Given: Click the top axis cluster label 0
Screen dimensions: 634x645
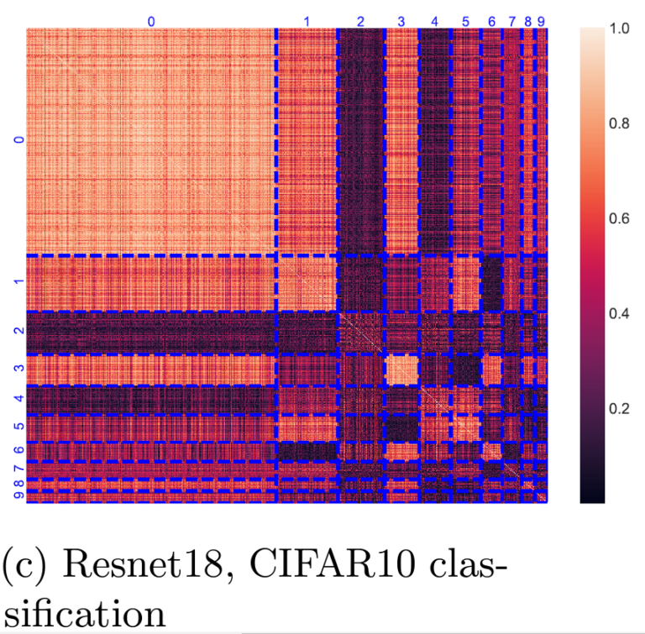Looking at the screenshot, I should (x=151, y=20).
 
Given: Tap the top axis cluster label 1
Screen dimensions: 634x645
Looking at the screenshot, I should (x=307, y=20).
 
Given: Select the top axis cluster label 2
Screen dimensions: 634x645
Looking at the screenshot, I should (x=360, y=20).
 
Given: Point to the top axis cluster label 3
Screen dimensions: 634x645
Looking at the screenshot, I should (x=401, y=20).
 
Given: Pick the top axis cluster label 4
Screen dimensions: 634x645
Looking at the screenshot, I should (x=434, y=20).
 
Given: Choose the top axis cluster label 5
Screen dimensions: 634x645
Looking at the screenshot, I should (x=466, y=20).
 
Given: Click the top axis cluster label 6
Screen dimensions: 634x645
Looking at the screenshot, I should (x=492, y=20).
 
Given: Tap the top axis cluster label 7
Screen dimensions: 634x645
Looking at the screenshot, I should (x=511, y=20).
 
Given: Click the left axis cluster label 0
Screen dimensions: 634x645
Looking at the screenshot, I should (x=18, y=140).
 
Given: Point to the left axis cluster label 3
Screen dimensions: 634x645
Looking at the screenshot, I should (x=18, y=369).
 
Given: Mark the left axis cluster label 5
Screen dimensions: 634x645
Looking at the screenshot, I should (x=18, y=427).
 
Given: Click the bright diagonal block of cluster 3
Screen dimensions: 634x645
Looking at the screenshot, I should (x=401, y=369).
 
